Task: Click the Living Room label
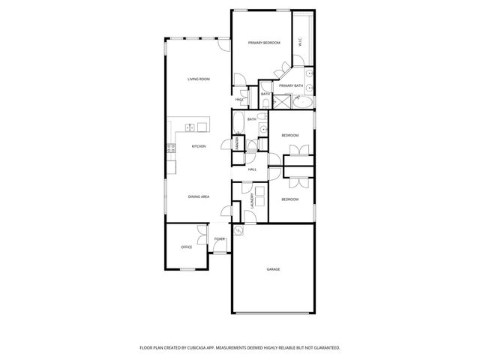(x=198, y=79)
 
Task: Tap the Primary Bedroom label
(x=264, y=43)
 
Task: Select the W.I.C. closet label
(x=300, y=42)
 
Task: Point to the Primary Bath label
(x=291, y=86)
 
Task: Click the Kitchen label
(x=198, y=146)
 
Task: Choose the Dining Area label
(x=198, y=196)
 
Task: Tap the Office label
(x=186, y=247)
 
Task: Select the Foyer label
(x=219, y=239)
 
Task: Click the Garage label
(x=273, y=268)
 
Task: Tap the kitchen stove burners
(x=172, y=148)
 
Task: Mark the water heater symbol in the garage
(x=238, y=230)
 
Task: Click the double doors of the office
(x=200, y=232)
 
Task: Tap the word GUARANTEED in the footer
(x=322, y=347)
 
